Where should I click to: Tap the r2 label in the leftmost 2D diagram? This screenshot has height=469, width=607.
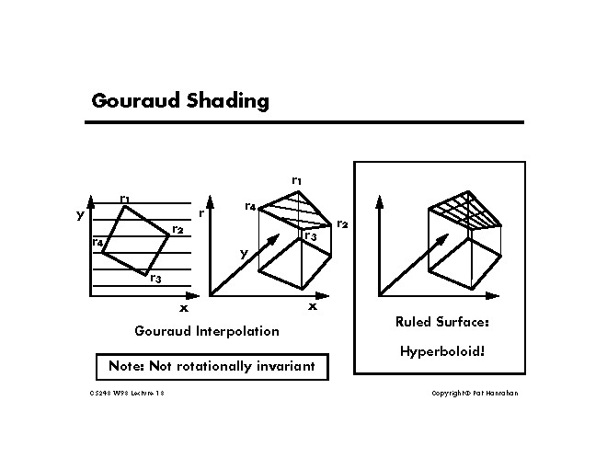click(178, 229)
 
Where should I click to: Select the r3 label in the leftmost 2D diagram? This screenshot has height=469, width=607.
click(155, 279)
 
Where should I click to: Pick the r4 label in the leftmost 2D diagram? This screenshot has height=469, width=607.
click(97, 242)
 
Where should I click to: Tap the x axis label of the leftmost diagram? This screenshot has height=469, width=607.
click(183, 308)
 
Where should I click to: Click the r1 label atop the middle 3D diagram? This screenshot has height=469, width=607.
click(296, 180)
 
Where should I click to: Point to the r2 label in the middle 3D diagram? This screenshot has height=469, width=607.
click(342, 223)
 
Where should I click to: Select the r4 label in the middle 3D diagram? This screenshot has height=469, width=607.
click(250, 207)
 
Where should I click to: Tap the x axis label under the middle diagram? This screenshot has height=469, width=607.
click(312, 306)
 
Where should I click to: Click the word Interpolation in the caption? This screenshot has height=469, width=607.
click(238, 330)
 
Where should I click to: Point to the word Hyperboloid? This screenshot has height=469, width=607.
click(437, 350)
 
